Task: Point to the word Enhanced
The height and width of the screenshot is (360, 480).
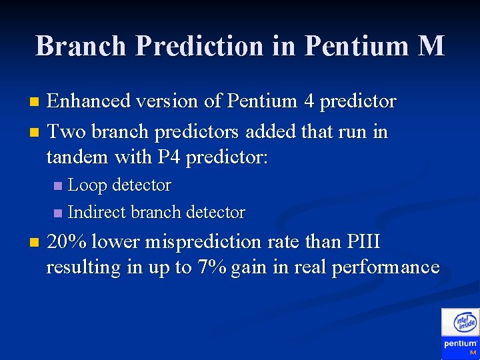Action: [x=88, y=101]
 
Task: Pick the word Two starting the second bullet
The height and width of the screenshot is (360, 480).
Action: [x=66, y=131]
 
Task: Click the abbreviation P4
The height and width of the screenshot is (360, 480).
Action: [x=167, y=158]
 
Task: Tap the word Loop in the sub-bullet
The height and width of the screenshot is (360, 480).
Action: [x=88, y=185]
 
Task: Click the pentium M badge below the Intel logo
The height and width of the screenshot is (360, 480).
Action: [x=461, y=347]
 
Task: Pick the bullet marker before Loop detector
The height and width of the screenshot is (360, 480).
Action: [x=58, y=185]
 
